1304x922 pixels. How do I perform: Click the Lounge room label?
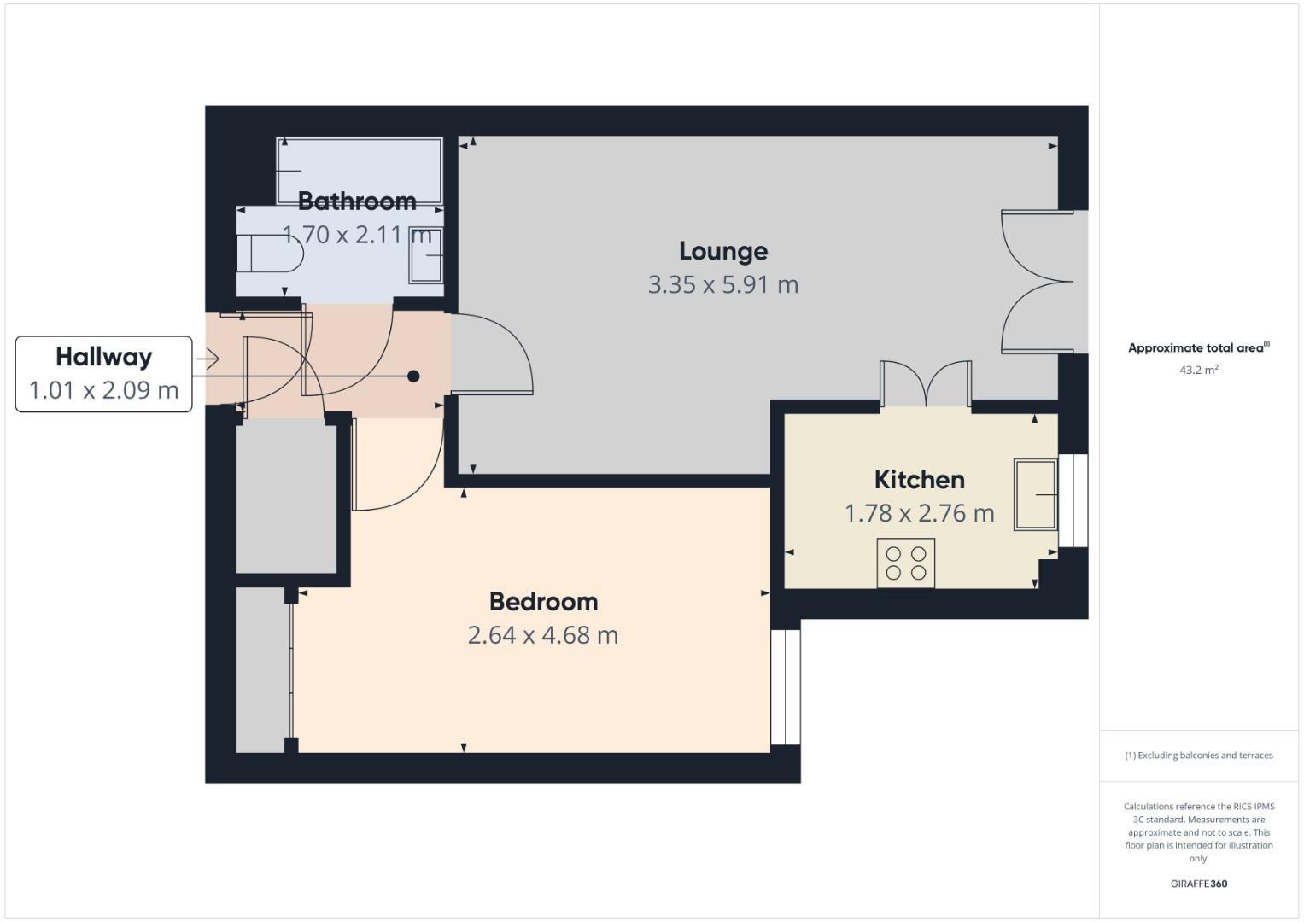click(723, 251)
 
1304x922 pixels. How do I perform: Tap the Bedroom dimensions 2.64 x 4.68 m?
click(543, 635)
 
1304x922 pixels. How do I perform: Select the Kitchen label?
click(919, 479)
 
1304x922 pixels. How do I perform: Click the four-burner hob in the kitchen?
click(906, 563)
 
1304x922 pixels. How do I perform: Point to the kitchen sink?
click(1035, 494)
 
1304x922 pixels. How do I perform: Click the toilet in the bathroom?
click(269, 253)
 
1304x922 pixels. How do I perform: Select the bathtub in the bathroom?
click(359, 171)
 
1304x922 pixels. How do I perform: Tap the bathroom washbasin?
click(427, 255)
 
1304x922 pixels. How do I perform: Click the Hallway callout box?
click(104, 374)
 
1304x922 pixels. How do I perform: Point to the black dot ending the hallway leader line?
click(413, 376)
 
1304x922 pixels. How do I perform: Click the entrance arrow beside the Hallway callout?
click(208, 359)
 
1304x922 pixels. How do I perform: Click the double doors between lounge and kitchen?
click(926, 385)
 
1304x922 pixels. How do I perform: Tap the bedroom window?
click(786, 687)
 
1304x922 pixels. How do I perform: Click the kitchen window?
click(1073, 500)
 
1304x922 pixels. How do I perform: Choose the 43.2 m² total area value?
click(1198, 371)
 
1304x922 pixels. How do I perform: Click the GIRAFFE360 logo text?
click(1198, 884)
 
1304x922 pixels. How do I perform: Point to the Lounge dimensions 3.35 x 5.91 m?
click(723, 284)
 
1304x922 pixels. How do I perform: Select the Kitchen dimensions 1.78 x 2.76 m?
click(919, 513)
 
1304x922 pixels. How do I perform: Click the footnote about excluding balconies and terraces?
click(1198, 756)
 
